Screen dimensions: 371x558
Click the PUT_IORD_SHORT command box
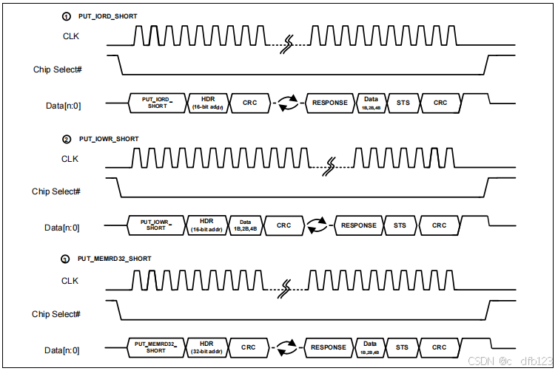157,103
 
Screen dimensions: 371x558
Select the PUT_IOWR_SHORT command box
156,225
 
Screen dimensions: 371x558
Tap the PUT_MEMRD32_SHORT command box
156,347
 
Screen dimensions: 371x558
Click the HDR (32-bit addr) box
208,347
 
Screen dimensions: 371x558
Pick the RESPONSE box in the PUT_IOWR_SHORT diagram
358,225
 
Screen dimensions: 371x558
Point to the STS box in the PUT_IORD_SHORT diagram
403,103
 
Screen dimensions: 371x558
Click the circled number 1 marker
67,16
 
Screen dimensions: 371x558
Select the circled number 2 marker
67,139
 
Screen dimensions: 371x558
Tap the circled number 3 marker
67,259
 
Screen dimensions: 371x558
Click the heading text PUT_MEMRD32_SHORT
114,259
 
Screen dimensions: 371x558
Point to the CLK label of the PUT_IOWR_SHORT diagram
70,159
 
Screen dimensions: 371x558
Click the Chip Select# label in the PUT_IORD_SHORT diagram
57,69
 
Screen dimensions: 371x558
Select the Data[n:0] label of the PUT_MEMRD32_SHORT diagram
62,350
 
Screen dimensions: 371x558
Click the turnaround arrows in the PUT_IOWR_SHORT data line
317,225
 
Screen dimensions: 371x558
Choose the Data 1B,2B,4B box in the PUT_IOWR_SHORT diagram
245,225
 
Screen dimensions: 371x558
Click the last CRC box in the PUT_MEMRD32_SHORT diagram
440,347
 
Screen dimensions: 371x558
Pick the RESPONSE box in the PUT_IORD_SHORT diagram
329,103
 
